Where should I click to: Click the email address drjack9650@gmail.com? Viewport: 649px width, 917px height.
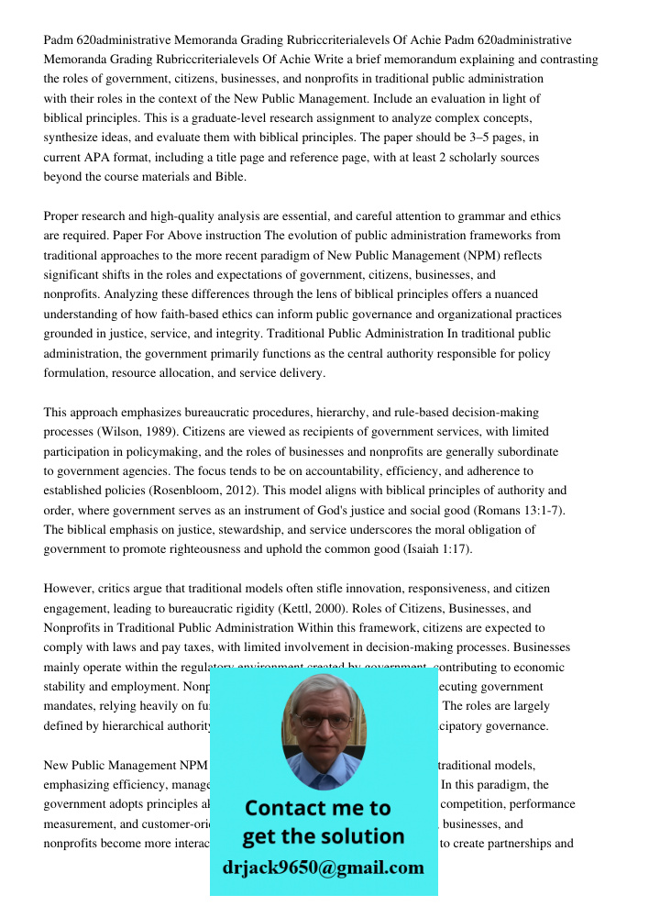pyautogui.click(x=323, y=867)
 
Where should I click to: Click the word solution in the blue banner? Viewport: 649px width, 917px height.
pyautogui.click(x=359, y=836)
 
